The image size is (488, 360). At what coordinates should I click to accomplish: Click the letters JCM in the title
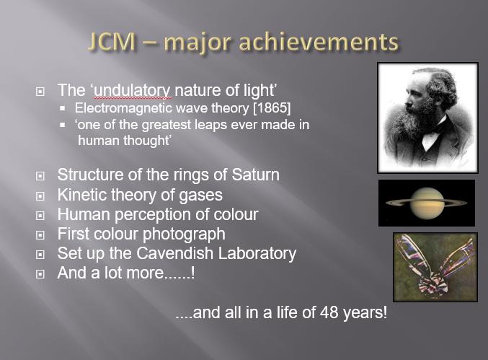click(x=112, y=42)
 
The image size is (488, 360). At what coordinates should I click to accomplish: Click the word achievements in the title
click(x=319, y=42)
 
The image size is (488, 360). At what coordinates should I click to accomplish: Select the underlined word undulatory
click(x=132, y=91)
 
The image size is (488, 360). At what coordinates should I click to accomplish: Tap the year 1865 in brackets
click(x=272, y=108)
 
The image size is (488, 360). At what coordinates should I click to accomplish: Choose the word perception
click(x=153, y=215)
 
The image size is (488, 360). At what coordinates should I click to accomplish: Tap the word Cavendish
click(x=174, y=253)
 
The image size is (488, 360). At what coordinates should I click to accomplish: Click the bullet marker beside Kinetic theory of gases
click(x=40, y=196)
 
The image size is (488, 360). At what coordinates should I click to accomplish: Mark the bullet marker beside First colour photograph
click(x=40, y=235)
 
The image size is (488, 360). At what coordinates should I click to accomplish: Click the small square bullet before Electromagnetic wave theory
click(x=63, y=108)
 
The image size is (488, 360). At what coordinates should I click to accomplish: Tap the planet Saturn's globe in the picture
click(x=427, y=203)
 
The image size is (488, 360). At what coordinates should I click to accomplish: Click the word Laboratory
click(x=257, y=253)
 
